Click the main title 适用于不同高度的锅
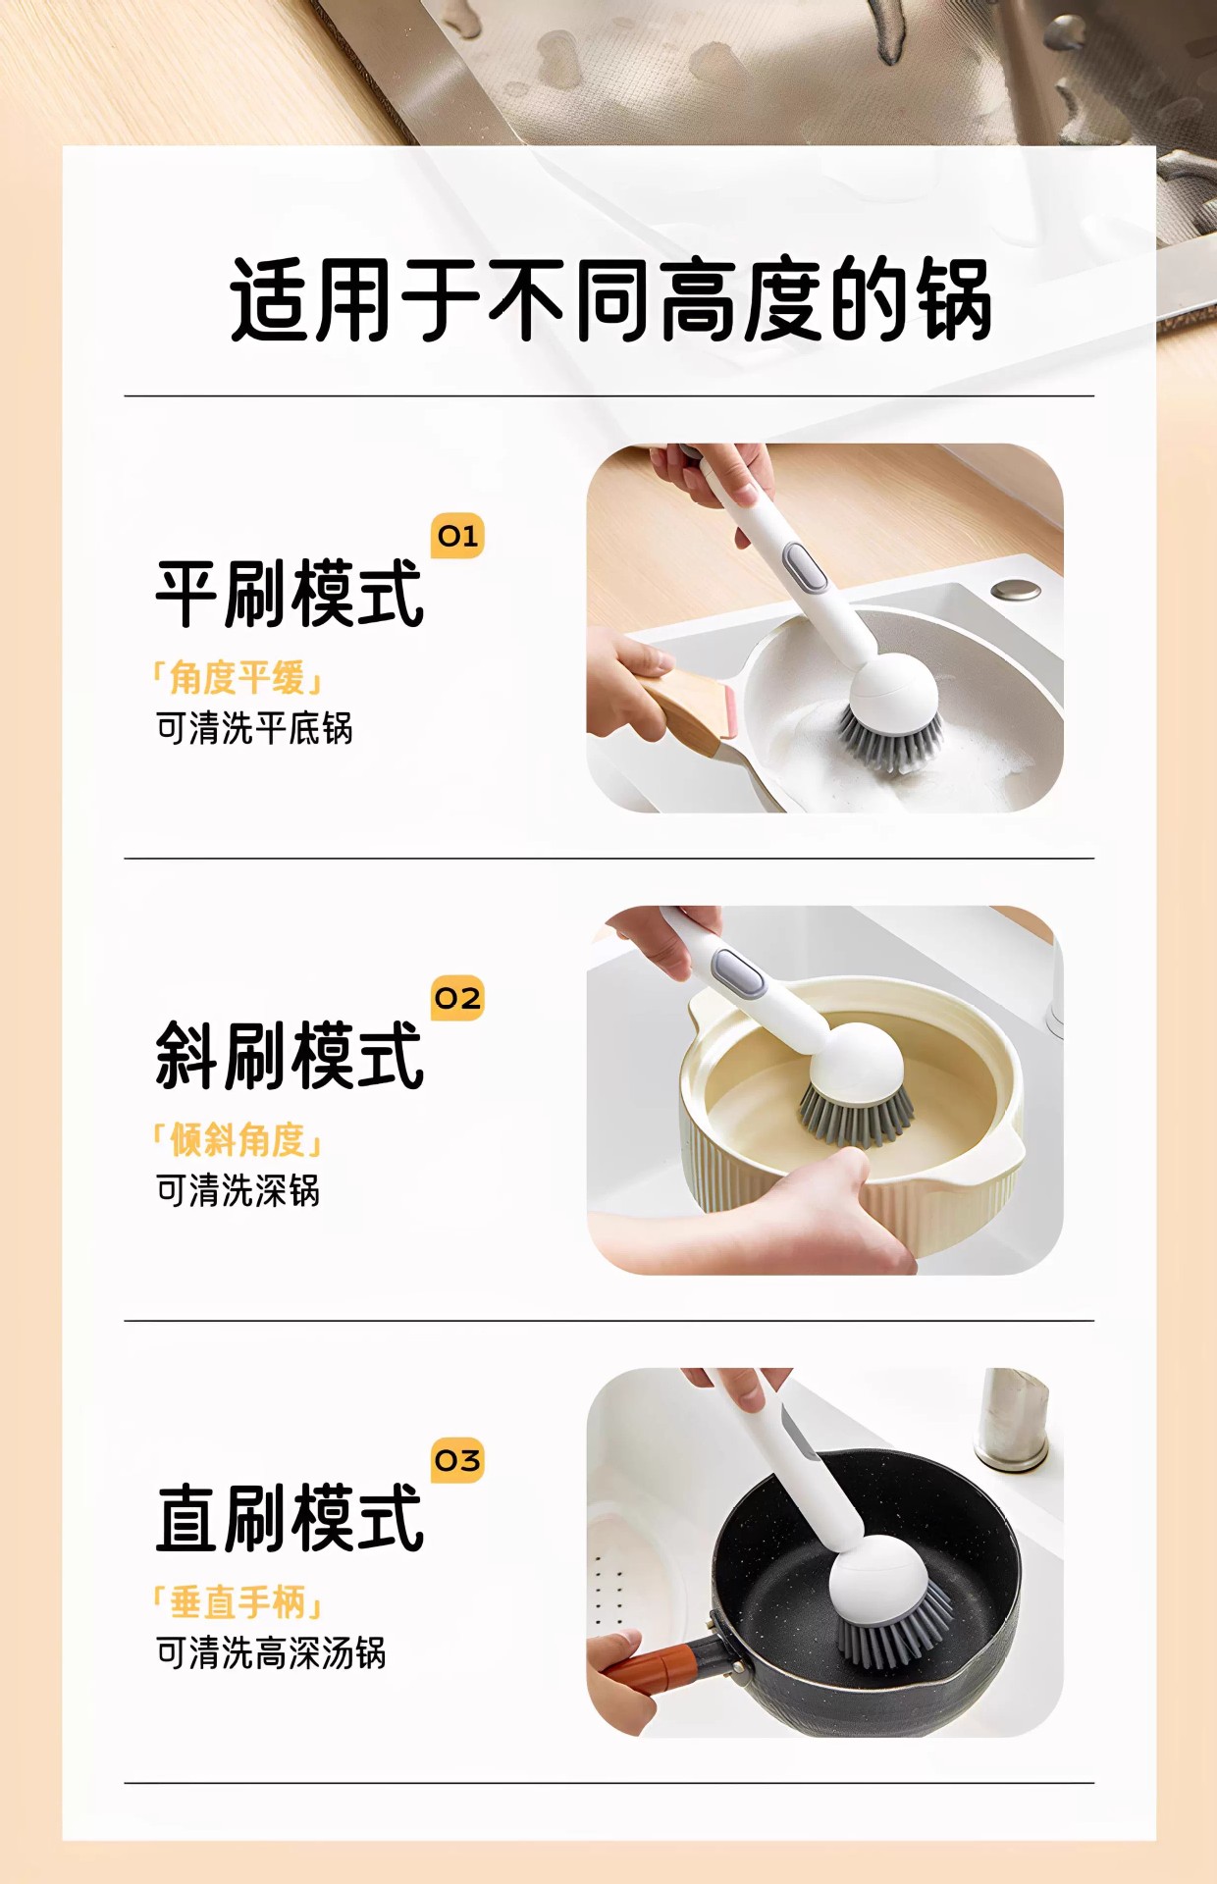click(610, 300)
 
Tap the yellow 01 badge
click(457, 536)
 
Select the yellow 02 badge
click(457, 998)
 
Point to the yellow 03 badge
click(457, 1460)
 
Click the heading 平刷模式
click(290, 594)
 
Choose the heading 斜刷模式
click(290, 1056)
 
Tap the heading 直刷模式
click(290, 1518)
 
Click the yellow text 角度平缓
click(238, 678)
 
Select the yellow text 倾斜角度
click(238, 1140)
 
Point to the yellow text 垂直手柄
click(238, 1602)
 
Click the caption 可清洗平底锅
click(254, 728)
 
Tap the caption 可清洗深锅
click(238, 1190)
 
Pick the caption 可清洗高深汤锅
click(271, 1652)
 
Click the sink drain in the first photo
click(1016, 589)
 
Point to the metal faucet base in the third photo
click(1011, 1418)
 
